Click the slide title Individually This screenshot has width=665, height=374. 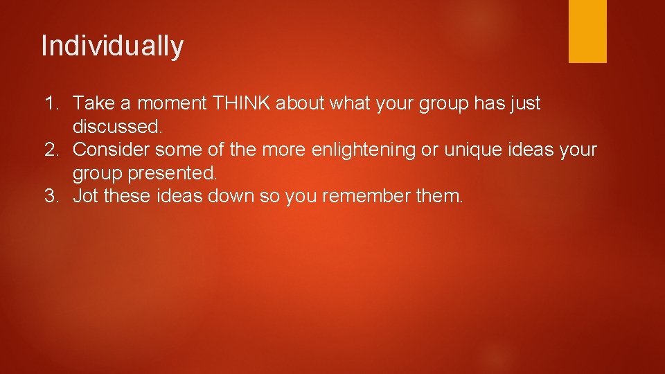(x=112, y=46)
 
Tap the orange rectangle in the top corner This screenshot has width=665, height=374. (x=587, y=31)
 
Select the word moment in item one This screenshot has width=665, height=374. (x=171, y=104)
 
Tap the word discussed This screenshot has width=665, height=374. (x=117, y=127)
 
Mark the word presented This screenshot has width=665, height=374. (x=173, y=172)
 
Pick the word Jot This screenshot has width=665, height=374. (x=85, y=196)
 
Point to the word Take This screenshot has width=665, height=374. (x=96, y=104)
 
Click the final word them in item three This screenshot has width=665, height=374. (x=439, y=196)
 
